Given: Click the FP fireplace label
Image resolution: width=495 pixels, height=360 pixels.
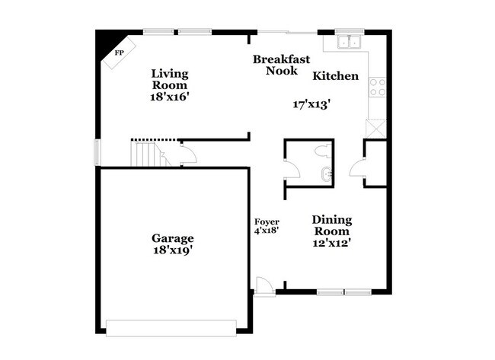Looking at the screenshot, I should tap(119, 53).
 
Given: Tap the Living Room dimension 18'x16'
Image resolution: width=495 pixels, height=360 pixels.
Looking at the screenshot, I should tap(168, 97).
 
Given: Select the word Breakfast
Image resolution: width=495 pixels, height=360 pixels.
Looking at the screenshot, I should tap(280, 59).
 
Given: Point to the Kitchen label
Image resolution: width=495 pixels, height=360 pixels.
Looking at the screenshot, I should tap(335, 76).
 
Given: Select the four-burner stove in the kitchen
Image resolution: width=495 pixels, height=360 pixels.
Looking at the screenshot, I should tap(375, 88).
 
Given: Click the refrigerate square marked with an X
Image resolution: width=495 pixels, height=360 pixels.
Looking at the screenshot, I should tap(375, 129).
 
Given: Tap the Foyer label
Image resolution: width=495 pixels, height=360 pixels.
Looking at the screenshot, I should tap(267, 221).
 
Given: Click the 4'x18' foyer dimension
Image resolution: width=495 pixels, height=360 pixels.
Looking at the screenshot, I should tap(267, 230).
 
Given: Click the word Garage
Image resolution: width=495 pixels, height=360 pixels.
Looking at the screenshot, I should tap(171, 237).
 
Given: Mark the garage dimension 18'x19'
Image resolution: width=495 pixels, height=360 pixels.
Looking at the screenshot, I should tap(171, 250).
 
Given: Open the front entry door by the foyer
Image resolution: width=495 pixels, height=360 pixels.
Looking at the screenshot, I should tap(263, 287).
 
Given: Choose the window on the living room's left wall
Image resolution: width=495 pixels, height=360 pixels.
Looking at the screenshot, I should tap(97, 151).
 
